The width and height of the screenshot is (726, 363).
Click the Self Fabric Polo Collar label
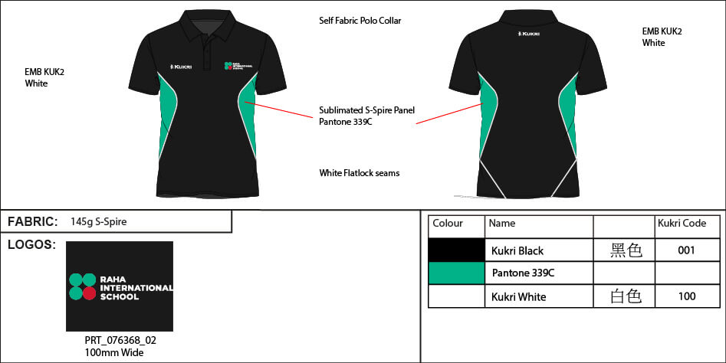click(x=360, y=21)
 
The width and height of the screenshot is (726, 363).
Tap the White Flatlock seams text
click(x=359, y=173)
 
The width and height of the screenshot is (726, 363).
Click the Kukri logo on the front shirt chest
click(x=181, y=67)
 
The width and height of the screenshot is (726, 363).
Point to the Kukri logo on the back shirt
click(x=527, y=34)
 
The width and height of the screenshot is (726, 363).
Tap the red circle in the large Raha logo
click(x=89, y=293)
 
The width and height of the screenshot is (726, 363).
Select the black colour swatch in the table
click(x=456, y=250)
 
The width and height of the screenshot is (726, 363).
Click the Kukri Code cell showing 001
click(x=686, y=250)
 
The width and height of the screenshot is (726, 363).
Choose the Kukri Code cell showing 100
click(x=686, y=296)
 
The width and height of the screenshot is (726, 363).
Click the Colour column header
click(x=448, y=224)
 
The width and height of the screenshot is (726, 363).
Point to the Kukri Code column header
click(x=682, y=224)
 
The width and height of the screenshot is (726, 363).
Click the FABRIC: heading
click(x=32, y=222)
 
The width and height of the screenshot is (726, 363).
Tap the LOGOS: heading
click(x=31, y=245)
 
